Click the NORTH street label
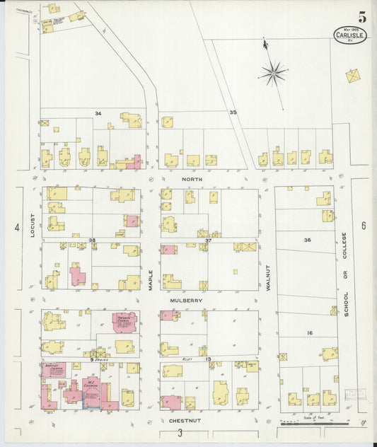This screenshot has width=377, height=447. [x=192, y=179]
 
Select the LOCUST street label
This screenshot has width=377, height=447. [x=33, y=223]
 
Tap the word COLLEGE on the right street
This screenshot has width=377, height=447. [x=345, y=245]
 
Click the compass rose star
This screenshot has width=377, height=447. [x=272, y=73]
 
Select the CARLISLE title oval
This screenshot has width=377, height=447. [x=350, y=35]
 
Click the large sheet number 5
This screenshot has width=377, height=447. [x=361, y=17]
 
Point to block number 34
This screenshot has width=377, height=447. [x=98, y=113]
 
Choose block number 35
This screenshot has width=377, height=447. [x=232, y=112]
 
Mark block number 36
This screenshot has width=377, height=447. [x=307, y=240]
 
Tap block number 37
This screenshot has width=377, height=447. [x=209, y=240]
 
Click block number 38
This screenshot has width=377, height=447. [x=92, y=240]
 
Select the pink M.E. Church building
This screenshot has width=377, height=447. [x=91, y=389]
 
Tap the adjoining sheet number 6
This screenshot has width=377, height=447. [x=363, y=226]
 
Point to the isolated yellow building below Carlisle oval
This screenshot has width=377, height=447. [x=353, y=74]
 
